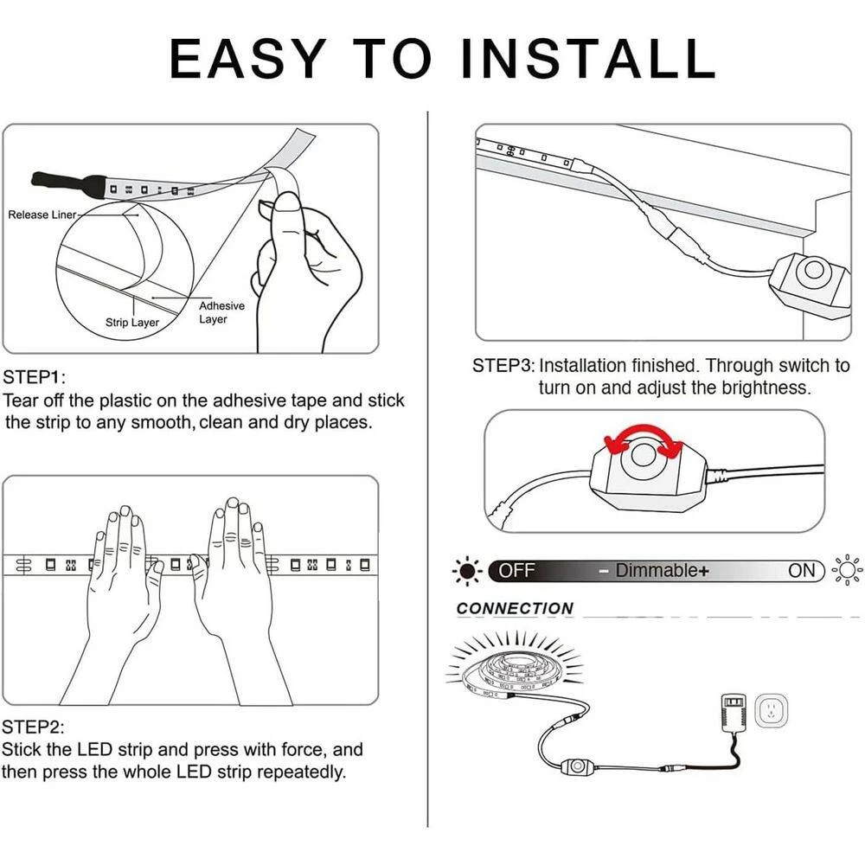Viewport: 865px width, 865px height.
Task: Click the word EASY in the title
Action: click(x=247, y=59)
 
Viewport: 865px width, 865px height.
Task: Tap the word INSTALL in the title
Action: click(x=587, y=59)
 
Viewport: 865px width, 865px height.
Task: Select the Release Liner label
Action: click(x=42, y=215)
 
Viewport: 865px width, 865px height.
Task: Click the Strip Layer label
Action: click(x=131, y=322)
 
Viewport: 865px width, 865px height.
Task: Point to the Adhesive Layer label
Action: click(x=221, y=312)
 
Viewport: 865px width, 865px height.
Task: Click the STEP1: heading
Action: click(x=35, y=377)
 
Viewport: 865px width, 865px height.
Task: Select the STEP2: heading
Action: click(x=33, y=727)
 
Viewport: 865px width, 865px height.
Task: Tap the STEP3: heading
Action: click(x=503, y=365)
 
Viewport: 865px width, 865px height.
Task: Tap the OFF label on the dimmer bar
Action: click(x=517, y=570)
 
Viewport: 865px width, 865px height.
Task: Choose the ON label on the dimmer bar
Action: click(x=802, y=570)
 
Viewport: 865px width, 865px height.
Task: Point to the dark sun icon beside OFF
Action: click(x=467, y=570)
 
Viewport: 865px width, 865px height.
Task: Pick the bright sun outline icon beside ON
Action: click(x=847, y=569)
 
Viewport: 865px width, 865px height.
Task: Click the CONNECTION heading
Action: click(x=515, y=608)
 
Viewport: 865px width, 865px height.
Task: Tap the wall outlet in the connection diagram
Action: click(x=771, y=710)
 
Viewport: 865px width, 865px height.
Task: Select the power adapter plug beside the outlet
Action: click(x=734, y=712)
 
